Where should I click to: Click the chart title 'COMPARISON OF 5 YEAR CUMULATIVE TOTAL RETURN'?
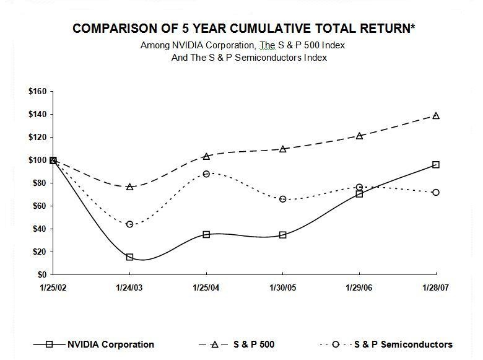click(242, 29)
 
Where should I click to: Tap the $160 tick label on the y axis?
click(38, 92)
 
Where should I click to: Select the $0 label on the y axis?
click(43, 274)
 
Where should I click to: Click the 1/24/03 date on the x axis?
click(129, 288)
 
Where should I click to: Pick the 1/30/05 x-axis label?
click(283, 288)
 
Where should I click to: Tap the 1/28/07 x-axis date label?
click(436, 288)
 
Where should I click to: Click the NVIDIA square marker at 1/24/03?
click(129, 257)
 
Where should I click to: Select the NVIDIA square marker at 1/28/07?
click(436, 165)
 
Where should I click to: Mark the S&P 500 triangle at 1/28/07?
click(436, 116)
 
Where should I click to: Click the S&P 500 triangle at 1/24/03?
click(129, 187)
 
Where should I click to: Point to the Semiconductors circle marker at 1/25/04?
click(206, 174)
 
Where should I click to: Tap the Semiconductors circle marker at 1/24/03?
click(129, 224)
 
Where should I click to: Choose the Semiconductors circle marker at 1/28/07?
click(436, 193)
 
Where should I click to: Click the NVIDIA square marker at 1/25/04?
click(206, 234)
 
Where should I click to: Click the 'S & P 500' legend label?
click(254, 345)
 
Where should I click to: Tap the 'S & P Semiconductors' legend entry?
click(403, 345)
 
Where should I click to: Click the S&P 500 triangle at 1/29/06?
click(360, 136)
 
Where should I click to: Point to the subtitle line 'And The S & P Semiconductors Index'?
click(249, 58)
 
